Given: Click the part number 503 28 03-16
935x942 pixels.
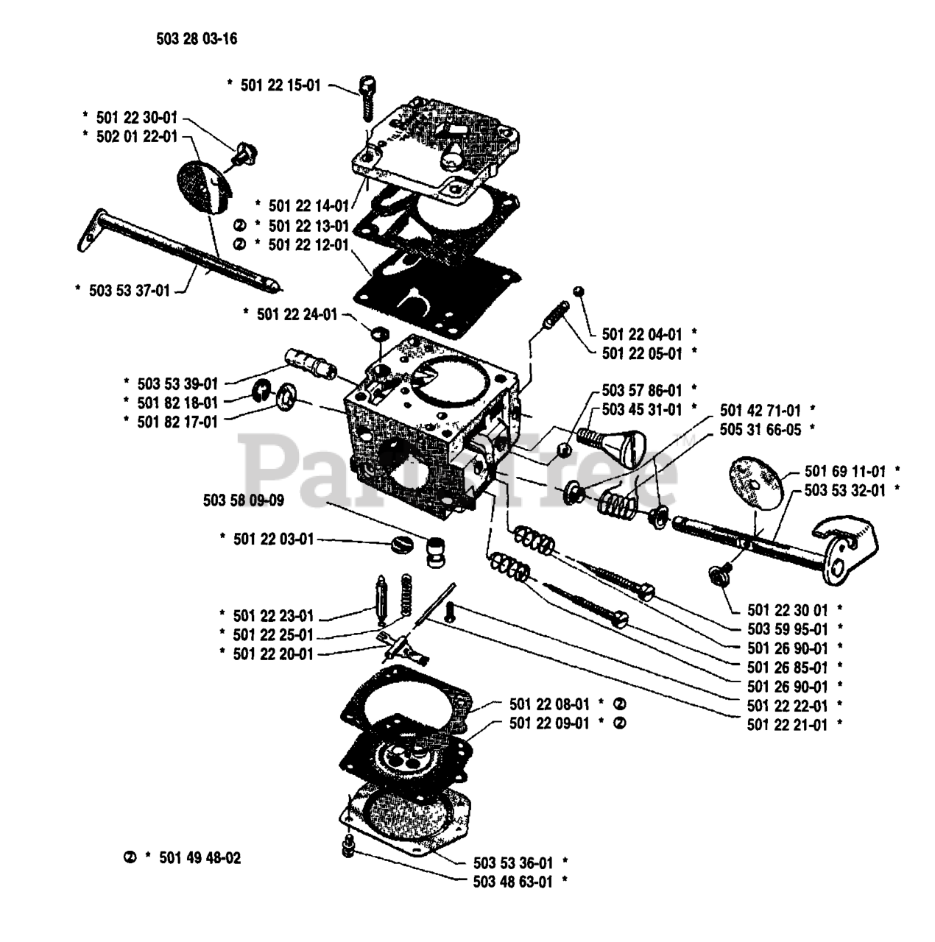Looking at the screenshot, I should pos(197,40).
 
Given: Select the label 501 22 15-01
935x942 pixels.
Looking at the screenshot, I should pos(280,85).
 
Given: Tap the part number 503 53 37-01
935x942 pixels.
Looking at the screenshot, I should pos(129,291).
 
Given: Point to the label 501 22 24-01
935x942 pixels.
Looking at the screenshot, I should pos(297,314).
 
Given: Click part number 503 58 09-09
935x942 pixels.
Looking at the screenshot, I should pos(243,500).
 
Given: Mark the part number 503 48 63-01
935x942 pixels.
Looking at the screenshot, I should pos(513,881).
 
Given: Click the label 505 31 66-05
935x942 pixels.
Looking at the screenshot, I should pos(760,429).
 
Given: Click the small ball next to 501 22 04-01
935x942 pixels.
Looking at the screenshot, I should pos(580,292).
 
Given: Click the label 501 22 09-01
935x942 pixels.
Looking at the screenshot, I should pos(549,723).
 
